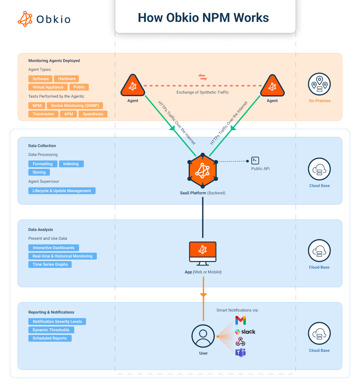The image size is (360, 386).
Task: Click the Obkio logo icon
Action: (25, 19)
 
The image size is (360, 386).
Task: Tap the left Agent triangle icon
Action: (133, 86)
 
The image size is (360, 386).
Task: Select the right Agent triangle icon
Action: (272, 86)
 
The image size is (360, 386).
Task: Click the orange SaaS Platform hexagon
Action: (203, 171)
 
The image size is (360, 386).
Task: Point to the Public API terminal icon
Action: (255, 160)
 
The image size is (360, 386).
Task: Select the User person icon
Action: (203, 336)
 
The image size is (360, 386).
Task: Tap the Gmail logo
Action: (241, 321)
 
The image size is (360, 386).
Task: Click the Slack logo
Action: (245, 332)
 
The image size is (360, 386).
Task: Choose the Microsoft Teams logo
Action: (240, 352)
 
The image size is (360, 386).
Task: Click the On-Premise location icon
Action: (319, 84)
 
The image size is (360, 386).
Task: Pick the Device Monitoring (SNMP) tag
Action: (75, 106)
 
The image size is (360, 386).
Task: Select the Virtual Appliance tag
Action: (48, 87)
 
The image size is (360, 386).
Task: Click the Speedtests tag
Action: (93, 114)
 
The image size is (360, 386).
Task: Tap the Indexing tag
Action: (71, 164)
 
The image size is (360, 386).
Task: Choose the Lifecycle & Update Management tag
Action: (62, 191)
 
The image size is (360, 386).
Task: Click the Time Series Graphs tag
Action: (50, 264)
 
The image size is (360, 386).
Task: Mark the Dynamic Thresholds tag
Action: (51, 330)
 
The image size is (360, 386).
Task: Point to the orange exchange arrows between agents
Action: (203, 77)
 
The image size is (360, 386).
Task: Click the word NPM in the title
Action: (216, 18)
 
